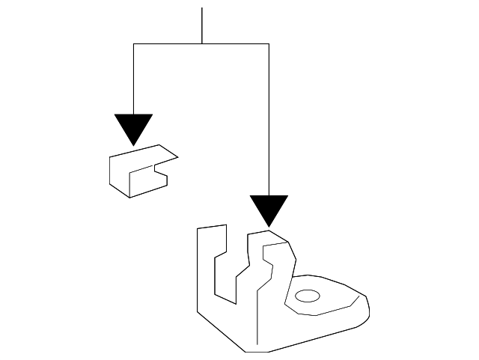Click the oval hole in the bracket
pos(307,297)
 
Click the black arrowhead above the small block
pos(133,128)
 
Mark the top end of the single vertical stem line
pos(202,8)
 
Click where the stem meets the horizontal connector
pos(202,44)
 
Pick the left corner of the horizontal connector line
pos(133,44)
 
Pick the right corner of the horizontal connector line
pos(269,44)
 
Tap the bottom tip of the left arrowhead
pos(133,144)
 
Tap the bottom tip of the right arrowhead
pos(269,226)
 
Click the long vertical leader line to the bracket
pos(269,120)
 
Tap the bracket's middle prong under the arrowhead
pos(259,254)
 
